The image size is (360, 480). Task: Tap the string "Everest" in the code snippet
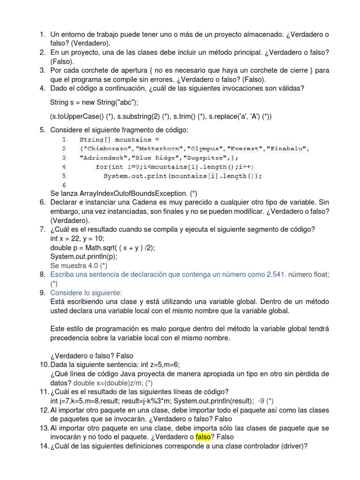(244, 149)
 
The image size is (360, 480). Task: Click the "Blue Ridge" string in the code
(142, 158)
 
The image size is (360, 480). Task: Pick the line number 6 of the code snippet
(64, 185)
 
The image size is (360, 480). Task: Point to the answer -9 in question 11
(262, 401)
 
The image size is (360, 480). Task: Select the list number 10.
(43, 365)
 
